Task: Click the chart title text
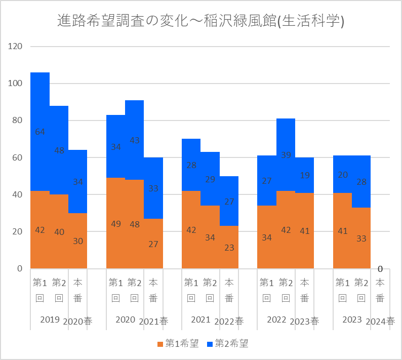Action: pos(201,21)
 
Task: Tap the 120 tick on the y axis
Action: pos(16,47)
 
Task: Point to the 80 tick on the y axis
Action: pos(16,121)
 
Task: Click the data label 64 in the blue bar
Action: pos(40,132)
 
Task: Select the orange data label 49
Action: pos(116,224)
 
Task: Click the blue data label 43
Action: pos(135,140)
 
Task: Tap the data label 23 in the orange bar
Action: pos(229,248)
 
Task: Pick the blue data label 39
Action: pos(286,155)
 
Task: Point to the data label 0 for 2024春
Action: pos(380,268)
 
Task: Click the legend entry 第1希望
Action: pos(178,344)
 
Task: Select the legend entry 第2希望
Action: pos(228,344)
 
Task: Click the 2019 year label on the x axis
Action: pos(50,320)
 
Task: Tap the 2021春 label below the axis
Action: pos(153,321)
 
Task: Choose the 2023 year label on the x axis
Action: pos(352,320)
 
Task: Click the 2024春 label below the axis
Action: pos(380,321)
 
